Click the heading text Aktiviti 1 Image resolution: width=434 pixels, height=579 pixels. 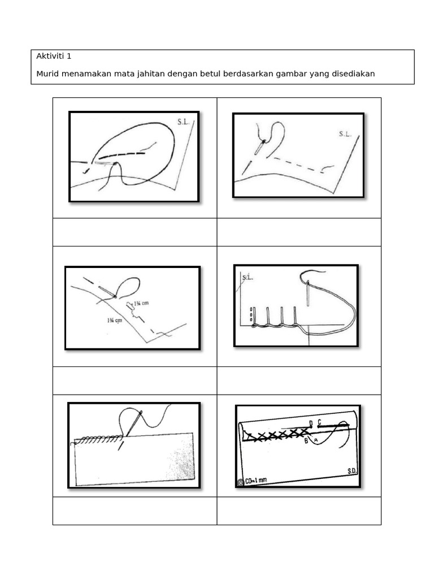[x=54, y=56]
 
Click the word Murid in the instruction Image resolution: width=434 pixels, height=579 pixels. [x=47, y=74]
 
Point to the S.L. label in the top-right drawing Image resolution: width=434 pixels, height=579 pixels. [x=345, y=135]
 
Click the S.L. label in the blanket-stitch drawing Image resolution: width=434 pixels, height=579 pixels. [x=248, y=278]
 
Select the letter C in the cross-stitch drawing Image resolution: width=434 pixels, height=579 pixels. [x=319, y=421]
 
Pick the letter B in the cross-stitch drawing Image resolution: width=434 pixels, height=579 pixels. [x=306, y=441]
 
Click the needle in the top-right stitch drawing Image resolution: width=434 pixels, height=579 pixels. [x=259, y=147]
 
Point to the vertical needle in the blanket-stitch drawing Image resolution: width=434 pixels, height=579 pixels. [x=308, y=294]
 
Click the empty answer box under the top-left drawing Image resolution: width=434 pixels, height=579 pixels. [x=134, y=232]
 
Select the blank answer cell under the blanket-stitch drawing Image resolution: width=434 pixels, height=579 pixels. [x=298, y=381]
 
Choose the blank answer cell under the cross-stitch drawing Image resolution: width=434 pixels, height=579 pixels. [x=298, y=511]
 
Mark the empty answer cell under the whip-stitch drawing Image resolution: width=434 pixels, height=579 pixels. [x=134, y=511]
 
